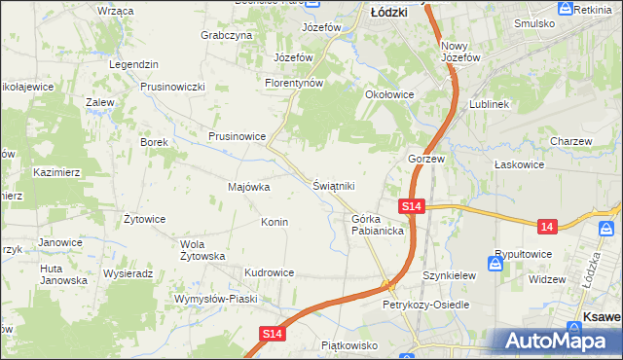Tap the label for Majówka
pyautogui.click(x=248, y=187)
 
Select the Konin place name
pyautogui.click(x=274, y=222)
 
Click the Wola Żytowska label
pyautogui.click(x=202, y=250)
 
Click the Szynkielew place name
pyautogui.click(x=449, y=275)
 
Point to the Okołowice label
pyautogui.click(x=389, y=94)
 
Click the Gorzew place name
pyautogui.click(x=425, y=158)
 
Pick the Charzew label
pyautogui.click(x=570, y=141)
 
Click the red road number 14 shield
pyautogui.click(x=548, y=226)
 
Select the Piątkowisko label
pyautogui.click(x=348, y=344)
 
